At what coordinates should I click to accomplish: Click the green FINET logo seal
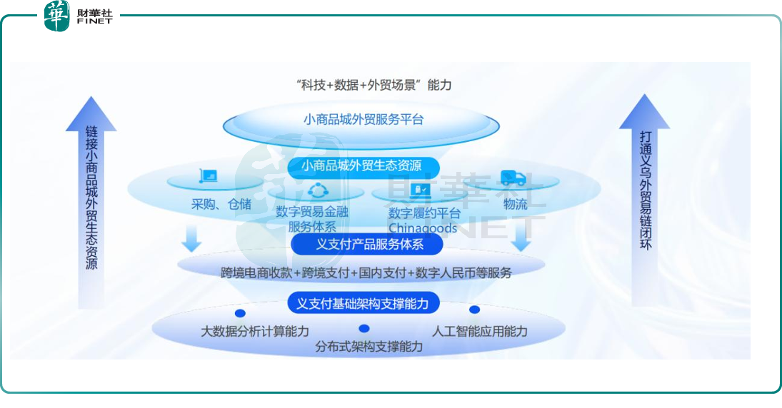[56, 16]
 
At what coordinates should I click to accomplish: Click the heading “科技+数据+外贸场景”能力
[374, 85]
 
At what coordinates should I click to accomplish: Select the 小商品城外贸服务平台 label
[364, 120]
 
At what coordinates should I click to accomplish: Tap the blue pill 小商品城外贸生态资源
[363, 166]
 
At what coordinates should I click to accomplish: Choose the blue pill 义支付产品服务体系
[366, 244]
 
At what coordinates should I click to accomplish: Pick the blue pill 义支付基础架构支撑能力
[363, 303]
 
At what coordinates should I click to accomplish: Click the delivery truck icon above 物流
[513, 178]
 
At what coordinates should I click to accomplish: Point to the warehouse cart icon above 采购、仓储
[209, 176]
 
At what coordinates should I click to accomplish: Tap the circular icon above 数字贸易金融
[318, 190]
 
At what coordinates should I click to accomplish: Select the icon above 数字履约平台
[420, 190]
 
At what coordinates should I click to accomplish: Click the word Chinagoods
[422, 228]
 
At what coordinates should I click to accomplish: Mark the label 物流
[515, 204]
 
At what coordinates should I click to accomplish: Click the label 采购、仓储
[221, 204]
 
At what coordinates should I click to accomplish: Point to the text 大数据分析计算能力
[255, 331]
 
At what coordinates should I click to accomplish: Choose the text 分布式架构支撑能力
[369, 347]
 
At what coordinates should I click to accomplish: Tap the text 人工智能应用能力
[479, 331]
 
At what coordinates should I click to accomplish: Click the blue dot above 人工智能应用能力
[474, 310]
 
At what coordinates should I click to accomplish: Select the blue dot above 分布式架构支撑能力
[364, 329]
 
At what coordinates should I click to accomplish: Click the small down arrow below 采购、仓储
[191, 238]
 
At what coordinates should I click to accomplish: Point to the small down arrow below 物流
[521, 238]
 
